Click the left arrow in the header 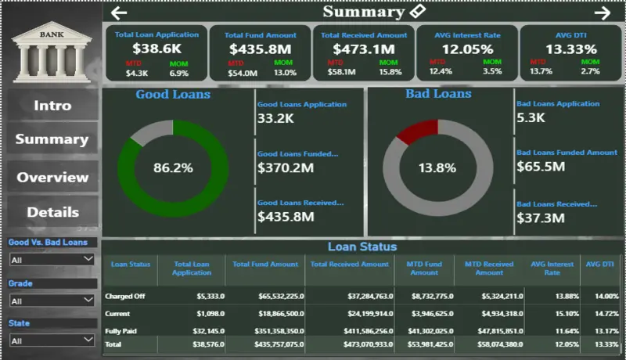(119, 13)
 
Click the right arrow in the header (602, 13)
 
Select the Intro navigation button (52, 106)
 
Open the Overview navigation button (52, 177)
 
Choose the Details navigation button (52, 212)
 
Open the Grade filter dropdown (52, 300)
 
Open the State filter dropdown (52, 340)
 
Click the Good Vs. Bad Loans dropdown (52, 259)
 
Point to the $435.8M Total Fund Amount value (260, 49)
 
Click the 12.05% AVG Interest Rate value (467, 49)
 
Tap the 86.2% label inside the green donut (173, 167)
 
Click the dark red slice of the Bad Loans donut (412, 131)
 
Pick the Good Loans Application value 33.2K (275, 119)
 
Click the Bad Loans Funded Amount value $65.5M (540, 166)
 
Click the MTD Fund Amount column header (424, 268)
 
